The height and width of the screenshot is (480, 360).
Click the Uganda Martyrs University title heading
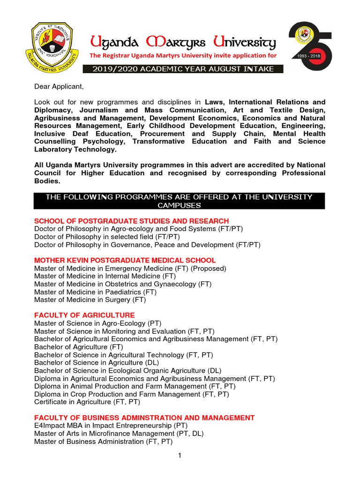183,44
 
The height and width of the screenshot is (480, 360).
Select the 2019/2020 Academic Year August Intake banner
183,69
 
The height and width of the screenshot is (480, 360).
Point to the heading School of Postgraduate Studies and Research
132,221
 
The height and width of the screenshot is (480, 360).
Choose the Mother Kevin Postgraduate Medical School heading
125,260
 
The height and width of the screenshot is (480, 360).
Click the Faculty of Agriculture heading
84,315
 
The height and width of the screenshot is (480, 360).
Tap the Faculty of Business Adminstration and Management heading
144,418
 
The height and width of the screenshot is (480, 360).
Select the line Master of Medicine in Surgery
90,300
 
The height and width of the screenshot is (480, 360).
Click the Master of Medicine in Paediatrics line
95,292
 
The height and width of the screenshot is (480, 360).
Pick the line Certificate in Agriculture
87,402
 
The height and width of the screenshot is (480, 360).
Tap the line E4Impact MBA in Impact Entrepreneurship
111,426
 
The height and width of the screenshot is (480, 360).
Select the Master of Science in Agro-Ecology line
97,323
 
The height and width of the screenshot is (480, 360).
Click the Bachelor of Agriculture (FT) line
78,347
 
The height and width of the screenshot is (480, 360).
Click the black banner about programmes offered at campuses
179,201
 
